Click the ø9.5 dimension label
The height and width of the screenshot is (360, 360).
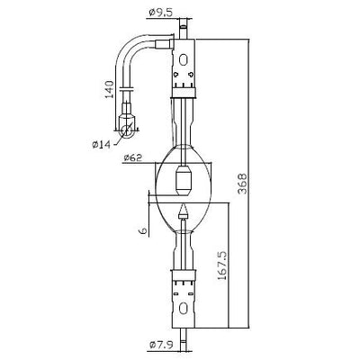(161, 13)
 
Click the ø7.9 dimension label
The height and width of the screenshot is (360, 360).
(160, 345)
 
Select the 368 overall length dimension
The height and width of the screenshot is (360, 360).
(242, 184)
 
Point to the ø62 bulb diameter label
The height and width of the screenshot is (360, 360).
(132, 157)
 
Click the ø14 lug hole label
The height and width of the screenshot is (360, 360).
(102, 145)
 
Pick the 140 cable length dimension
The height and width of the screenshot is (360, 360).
(109, 89)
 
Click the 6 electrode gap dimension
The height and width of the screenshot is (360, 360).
(143, 230)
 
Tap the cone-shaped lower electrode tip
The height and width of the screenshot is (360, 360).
(183, 211)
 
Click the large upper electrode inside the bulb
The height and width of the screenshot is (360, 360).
(183, 180)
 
